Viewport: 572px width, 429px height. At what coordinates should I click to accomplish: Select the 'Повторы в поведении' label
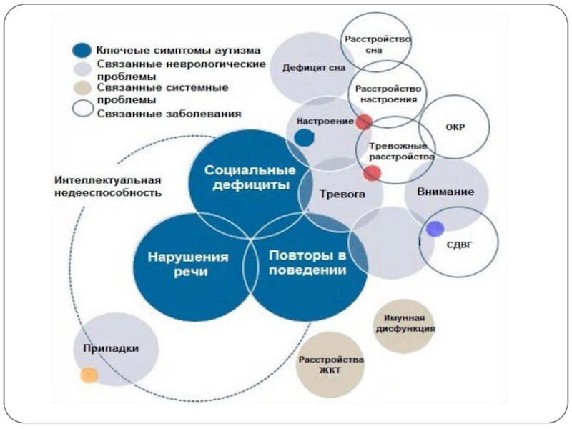tap(307, 263)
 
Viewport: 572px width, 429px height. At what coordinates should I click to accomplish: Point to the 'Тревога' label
tap(342, 194)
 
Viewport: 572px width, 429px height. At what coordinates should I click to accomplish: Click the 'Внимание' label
tap(450, 192)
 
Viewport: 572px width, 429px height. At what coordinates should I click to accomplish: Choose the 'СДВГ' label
tap(459, 244)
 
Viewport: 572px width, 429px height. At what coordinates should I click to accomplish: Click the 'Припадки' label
tap(110, 348)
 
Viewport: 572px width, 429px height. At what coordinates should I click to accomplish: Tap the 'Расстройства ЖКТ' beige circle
tap(331, 365)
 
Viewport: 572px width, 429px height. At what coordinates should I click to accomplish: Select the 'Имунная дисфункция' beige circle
tap(405, 324)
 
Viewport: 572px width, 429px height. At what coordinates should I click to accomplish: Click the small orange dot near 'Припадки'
tap(89, 375)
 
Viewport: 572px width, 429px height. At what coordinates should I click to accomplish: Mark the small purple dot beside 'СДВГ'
tap(435, 229)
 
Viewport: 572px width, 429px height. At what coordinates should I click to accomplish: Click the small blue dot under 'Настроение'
tap(305, 137)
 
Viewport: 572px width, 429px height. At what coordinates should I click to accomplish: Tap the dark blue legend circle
tap(82, 51)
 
